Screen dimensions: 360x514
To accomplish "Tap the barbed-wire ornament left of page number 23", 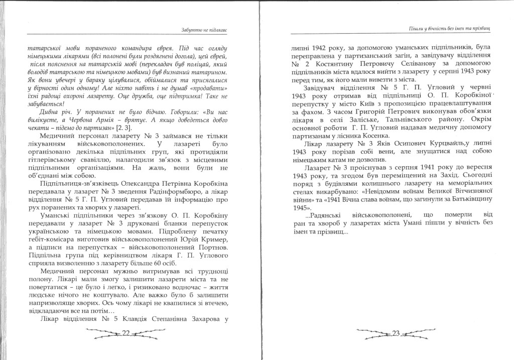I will (371, 332).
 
